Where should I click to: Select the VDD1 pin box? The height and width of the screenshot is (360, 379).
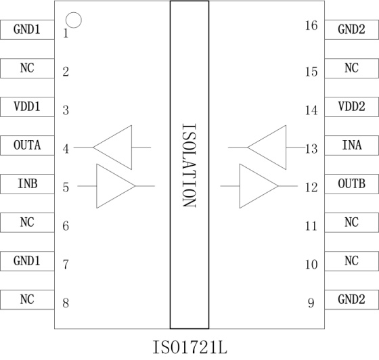[x=27, y=107]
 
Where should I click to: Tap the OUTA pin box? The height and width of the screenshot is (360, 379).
[x=27, y=145]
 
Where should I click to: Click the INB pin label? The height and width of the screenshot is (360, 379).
[x=28, y=183]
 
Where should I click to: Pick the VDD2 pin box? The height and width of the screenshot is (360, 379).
[x=352, y=107]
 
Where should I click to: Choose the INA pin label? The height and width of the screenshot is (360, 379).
[x=352, y=145]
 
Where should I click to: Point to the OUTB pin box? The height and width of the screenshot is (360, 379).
[x=352, y=184]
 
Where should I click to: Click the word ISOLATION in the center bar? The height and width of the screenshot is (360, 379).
[x=189, y=165]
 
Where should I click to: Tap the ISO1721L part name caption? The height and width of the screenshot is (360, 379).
[x=190, y=347]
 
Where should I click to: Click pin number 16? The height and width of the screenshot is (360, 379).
[x=311, y=25]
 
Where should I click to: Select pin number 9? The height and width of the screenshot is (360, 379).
[x=311, y=303]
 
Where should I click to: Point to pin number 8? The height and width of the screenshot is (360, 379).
[x=66, y=303]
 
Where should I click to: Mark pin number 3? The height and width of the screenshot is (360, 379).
[x=66, y=110]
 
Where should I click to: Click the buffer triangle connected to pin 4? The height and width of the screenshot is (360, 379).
[x=132, y=148]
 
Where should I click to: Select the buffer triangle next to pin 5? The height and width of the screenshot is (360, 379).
[x=97, y=186]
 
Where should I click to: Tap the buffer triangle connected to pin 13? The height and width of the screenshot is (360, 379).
[x=286, y=148]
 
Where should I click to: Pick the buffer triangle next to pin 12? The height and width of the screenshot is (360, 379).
[x=240, y=186]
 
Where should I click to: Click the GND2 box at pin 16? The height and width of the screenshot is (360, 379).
[x=352, y=30]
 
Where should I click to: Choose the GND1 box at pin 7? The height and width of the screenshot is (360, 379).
[x=27, y=261]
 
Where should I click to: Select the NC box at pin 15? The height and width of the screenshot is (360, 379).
[x=352, y=68]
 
